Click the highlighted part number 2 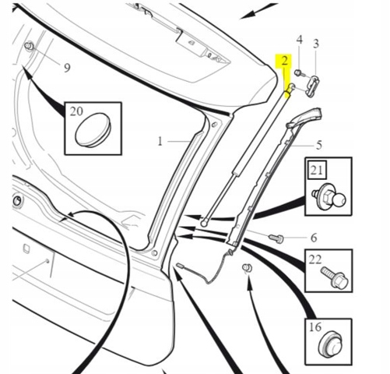coord(285,61)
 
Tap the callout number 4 coord(300,40)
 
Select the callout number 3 coord(315,44)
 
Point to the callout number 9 coord(67,68)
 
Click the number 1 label coord(160,141)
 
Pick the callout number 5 coord(319,145)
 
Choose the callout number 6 coord(314,238)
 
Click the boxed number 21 coord(317,171)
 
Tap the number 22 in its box coord(315,259)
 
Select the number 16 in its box coord(315,327)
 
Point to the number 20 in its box coord(76,111)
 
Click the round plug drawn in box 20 coord(93,130)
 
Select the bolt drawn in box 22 coord(335,278)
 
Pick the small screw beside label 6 coord(276,238)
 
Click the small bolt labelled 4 coord(299,73)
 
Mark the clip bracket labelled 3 coord(313,85)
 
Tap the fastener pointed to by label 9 coord(29,47)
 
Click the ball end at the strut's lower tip coord(204,223)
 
